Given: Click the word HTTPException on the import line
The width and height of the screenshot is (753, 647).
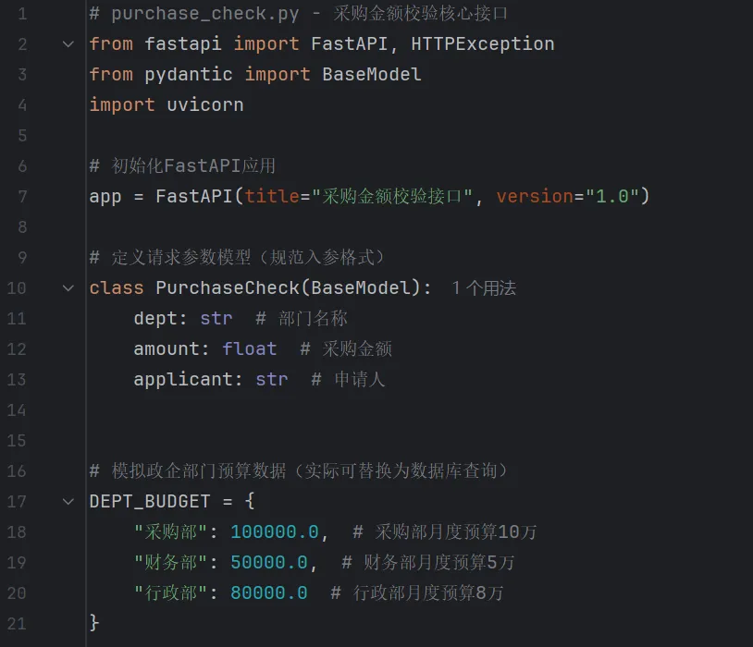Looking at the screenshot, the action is pos(483,43).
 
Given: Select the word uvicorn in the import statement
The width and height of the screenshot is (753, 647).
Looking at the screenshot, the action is pos(204,104).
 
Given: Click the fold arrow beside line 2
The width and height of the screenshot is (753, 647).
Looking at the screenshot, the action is pos(68,43).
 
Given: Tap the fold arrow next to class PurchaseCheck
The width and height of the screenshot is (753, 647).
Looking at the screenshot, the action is pos(68,287).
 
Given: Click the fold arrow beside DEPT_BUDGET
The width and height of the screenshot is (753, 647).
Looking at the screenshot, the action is pos(68,501).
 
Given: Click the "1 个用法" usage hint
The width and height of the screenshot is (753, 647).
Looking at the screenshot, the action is pos(484,288).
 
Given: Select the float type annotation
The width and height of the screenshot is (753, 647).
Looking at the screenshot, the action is pos(249,348).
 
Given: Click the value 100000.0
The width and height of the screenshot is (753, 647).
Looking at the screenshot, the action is pos(274,531).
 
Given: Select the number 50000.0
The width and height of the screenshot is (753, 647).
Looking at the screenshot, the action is pos(268,562).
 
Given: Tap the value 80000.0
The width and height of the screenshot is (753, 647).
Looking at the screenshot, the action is pos(268,592).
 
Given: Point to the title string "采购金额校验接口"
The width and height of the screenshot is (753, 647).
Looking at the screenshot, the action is pos(392,196).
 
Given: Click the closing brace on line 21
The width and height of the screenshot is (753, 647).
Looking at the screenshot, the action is pos(94,623).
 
